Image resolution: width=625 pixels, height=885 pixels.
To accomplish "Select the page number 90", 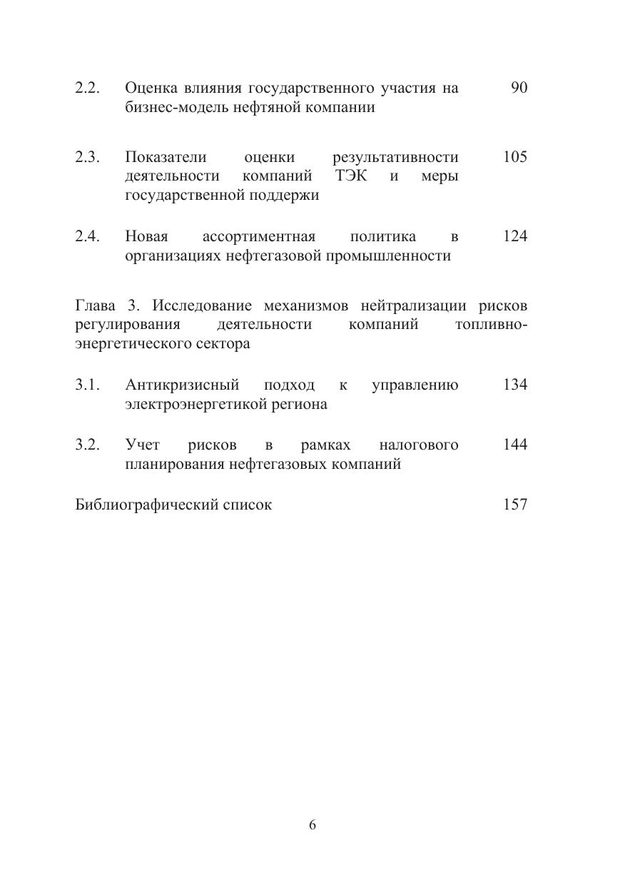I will click(519, 88).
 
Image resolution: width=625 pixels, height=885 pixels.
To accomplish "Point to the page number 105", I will click(515, 157).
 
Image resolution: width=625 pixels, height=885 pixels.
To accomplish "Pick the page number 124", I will click(515, 236).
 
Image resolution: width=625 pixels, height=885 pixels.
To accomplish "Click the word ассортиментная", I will click(259, 236).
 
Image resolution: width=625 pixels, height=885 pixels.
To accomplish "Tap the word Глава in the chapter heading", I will click(95, 306).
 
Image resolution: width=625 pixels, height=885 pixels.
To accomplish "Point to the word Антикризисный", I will click(181, 385).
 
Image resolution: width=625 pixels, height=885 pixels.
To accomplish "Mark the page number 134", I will click(515, 385).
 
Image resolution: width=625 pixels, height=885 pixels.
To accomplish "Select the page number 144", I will click(515, 445).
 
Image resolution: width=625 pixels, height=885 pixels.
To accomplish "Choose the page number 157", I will click(515, 505).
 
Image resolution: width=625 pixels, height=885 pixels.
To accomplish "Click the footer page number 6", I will click(312, 825).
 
